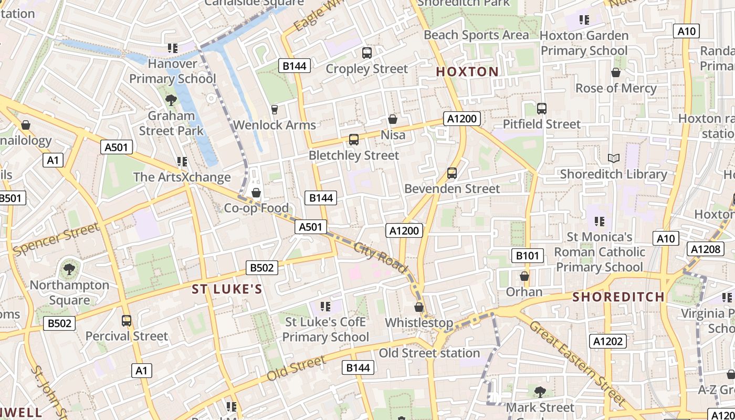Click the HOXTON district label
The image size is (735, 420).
point(467,72)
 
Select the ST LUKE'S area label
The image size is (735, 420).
point(227,289)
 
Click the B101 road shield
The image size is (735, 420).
point(527,256)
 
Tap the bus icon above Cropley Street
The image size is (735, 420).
point(366,53)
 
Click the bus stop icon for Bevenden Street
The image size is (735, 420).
point(451,173)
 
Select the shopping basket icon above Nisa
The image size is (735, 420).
point(392,120)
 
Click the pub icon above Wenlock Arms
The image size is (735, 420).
point(274,109)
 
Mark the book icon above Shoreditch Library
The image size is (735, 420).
point(613,158)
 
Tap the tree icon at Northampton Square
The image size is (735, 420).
point(69,269)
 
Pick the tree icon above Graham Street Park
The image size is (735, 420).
point(171,100)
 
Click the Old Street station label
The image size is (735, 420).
point(429,353)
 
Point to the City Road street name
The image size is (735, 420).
point(381,258)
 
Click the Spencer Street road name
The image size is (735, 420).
point(56,239)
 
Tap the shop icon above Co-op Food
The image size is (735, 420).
point(256,193)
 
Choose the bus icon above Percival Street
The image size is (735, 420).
point(126,320)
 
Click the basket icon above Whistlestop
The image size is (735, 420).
point(418,307)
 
